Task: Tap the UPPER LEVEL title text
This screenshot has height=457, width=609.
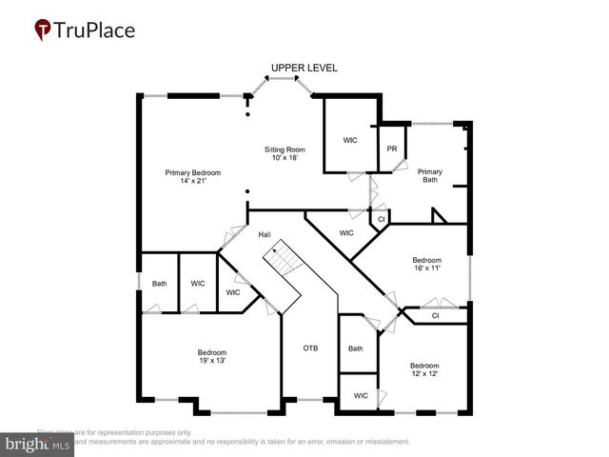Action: tap(304, 69)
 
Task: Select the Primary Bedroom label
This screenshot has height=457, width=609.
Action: tap(192, 172)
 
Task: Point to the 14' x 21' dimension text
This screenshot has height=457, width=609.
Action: tap(192, 181)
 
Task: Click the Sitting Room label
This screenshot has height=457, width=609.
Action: tap(285, 149)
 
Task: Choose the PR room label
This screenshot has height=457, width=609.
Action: tap(391, 149)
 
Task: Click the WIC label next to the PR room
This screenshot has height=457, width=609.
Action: tap(350, 140)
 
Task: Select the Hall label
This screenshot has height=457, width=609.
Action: tap(265, 233)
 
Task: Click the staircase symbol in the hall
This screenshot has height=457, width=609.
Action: tap(282, 258)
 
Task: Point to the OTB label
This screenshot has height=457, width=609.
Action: tap(310, 348)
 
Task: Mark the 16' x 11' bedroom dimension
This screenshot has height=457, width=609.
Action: tap(426, 268)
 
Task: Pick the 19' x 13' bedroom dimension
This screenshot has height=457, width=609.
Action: tap(211, 361)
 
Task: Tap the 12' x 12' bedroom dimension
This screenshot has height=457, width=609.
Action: tap(424, 374)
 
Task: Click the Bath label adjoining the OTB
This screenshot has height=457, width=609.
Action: tap(355, 348)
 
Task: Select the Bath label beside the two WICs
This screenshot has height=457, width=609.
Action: tap(160, 283)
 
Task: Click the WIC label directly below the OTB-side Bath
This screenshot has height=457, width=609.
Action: tap(361, 395)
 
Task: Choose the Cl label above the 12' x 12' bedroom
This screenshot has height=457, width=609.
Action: tap(435, 315)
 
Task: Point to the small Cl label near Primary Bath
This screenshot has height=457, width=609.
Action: tap(381, 219)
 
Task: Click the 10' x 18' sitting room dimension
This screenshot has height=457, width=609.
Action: tap(285, 158)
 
